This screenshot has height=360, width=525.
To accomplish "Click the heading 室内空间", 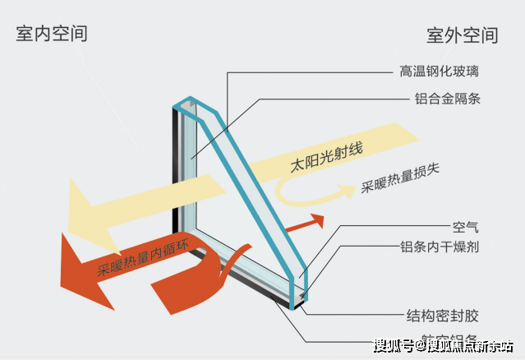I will pos(52,33).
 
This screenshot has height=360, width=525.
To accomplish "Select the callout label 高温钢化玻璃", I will pos(440,72).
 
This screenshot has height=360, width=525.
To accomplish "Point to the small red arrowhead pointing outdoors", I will pos(316,221).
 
